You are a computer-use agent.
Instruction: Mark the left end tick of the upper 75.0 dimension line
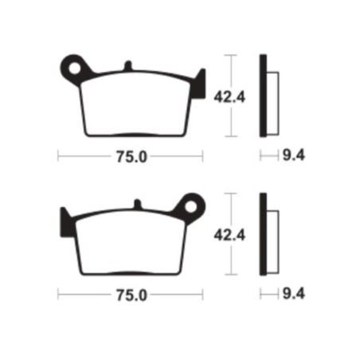[58, 157]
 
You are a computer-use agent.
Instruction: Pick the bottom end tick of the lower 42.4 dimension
[232, 276]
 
